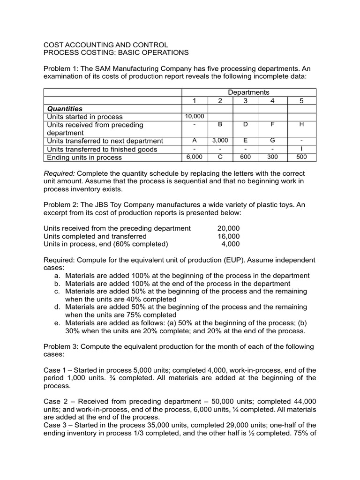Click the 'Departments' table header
click(248, 92)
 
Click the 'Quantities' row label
click(65, 108)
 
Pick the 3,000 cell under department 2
click(220, 141)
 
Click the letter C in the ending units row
click(220, 157)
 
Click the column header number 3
click(245, 100)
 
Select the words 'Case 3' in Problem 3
click(55, 425)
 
